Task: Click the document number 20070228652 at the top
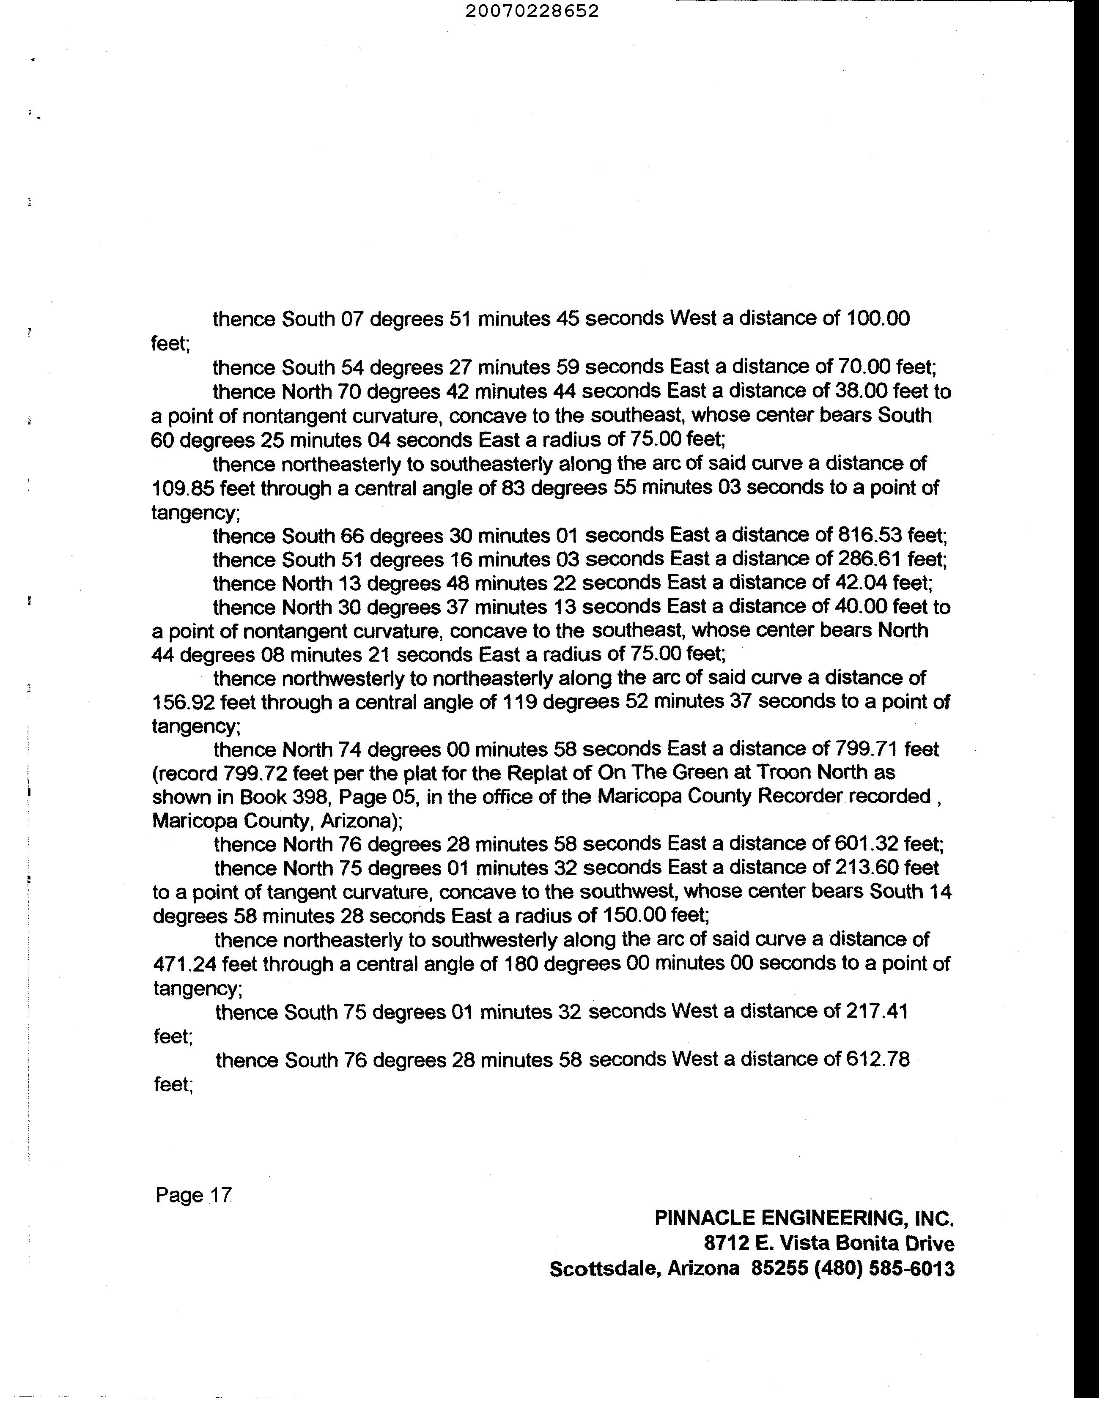coord(532,11)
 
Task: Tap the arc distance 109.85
coord(183,488)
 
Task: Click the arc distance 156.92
coord(183,702)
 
